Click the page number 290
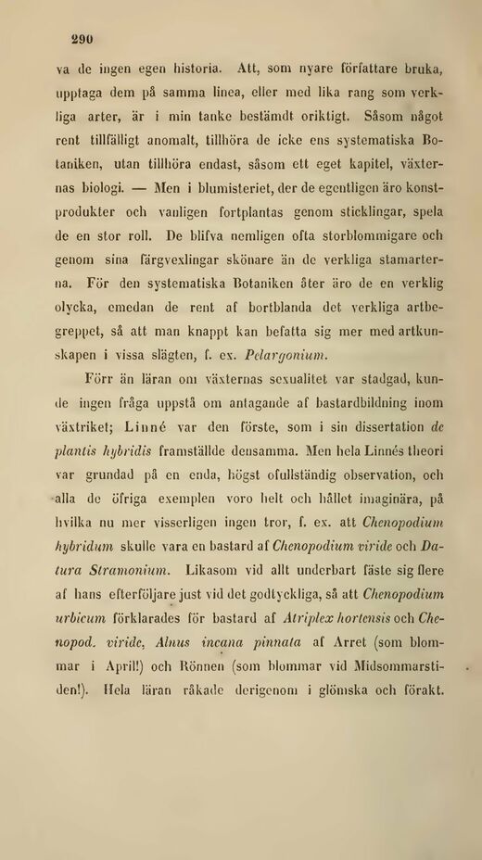click(x=83, y=40)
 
